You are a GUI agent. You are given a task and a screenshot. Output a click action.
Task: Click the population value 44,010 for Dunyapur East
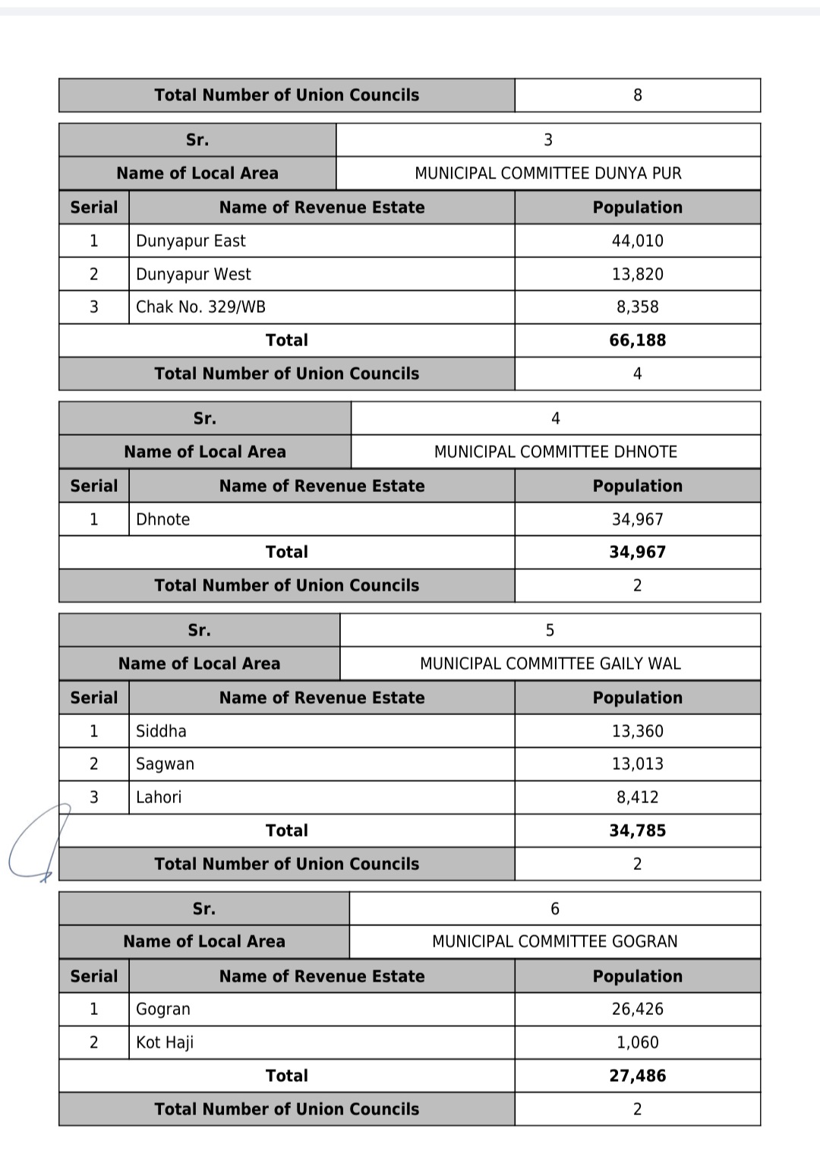(x=637, y=241)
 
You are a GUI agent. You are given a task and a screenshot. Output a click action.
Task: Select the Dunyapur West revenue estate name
(x=193, y=274)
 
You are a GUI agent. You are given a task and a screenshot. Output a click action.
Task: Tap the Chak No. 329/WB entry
(x=200, y=307)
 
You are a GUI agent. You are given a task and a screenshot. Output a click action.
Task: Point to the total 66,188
(x=637, y=340)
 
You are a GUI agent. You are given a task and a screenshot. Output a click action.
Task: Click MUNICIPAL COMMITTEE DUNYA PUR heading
(x=547, y=173)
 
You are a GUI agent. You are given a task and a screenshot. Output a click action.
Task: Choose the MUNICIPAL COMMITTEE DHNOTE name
(x=555, y=452)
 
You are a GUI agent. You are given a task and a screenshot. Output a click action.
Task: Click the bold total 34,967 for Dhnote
(x=637, y=552)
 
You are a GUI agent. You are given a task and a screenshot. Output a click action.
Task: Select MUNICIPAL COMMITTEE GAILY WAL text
(x=550, y=663)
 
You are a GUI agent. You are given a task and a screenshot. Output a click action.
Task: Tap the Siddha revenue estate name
(x=161, y=731)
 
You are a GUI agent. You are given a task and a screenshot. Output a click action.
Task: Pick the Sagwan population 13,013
(x=637, y=764)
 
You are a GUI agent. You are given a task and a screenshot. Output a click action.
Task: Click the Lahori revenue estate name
(x=159, y=797)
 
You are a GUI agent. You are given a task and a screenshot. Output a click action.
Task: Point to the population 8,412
(x=637, y=797)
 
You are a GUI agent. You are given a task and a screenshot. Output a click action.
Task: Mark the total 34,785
(x=637, y=830)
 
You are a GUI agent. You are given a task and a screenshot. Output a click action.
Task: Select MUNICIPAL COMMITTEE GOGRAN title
(x=554, y=941)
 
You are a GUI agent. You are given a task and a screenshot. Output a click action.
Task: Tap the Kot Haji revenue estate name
(x=165, y=1042)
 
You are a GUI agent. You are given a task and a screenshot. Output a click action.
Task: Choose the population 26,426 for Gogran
(x=637, y=1009)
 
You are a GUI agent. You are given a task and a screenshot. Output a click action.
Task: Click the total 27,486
(x=637, y=1076)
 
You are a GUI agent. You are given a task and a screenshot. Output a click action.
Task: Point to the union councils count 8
(x=637, y=95)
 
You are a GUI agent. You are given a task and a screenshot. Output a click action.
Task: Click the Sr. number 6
(x=554, y=909)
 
